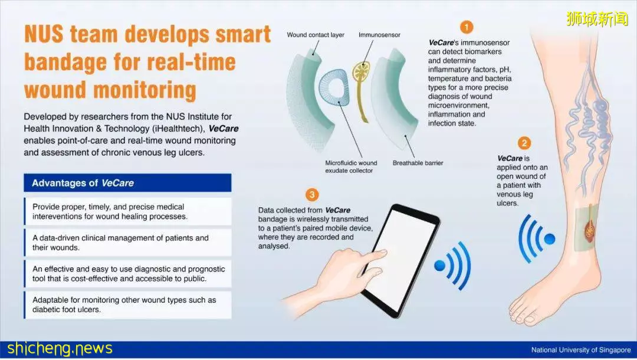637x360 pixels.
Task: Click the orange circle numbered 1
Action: (x=467, y=27)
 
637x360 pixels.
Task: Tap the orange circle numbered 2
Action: (x=524, y=143)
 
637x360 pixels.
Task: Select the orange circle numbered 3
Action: (x=311, y=195)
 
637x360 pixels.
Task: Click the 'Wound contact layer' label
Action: (x=315, y=35)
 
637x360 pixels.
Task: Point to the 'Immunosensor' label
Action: (x=379, y=35)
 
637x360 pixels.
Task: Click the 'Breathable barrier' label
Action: (x=418, y=163)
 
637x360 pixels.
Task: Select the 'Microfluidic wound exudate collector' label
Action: (x=350, y=166)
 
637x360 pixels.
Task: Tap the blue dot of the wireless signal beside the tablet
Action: (x=440, y=266)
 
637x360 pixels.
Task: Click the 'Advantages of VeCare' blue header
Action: (x=127, y=183)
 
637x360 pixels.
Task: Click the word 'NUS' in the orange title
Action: (x=44, y=34)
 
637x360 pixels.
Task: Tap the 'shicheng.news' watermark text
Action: (x=60, y=349)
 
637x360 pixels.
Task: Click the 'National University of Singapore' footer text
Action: (x=581, y=350)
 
